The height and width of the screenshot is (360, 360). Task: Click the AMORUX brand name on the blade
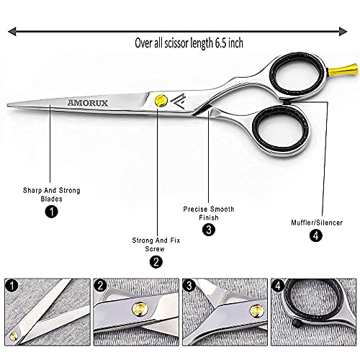pos(88,103)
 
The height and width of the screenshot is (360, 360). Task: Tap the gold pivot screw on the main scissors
pos(161,100)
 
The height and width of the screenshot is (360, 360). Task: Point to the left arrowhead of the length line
pos(12,32)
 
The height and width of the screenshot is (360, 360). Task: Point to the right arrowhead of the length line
pos(343,32)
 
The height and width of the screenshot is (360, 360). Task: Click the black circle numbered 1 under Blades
pos(52,212)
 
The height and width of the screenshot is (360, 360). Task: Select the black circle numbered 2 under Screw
pos(156,262)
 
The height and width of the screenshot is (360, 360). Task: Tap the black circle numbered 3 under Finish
pos(209,230)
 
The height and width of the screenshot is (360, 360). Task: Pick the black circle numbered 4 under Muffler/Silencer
pos(316,235)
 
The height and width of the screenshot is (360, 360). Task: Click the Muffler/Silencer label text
pos(317,222)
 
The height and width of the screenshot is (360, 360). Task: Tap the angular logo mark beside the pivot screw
pos(178,101)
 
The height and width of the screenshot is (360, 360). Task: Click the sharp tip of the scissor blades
pos(8,105)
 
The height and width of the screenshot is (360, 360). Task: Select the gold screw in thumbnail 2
pos(140,308)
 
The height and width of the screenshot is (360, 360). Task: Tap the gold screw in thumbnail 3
pos(256,310)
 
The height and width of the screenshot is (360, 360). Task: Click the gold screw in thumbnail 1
pos(14,336)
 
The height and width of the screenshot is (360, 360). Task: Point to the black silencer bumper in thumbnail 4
pos(297,323)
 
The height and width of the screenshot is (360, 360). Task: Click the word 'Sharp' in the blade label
pos(32,191)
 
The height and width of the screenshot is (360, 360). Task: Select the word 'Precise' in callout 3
pos(194,209)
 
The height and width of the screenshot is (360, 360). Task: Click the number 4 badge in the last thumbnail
pos(278,286)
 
